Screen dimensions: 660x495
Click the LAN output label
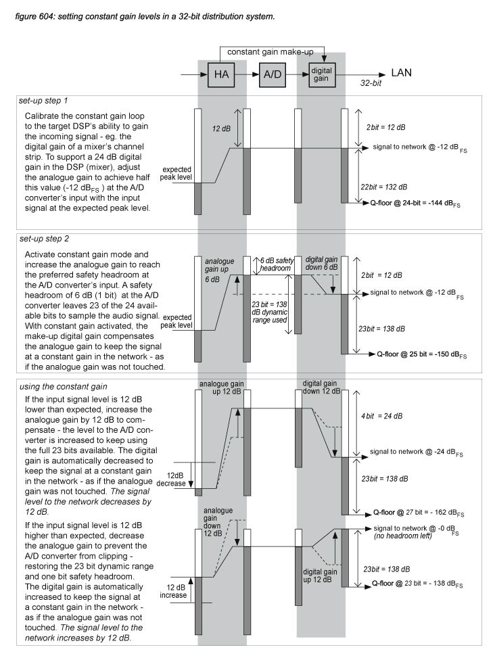[x=402, y=72]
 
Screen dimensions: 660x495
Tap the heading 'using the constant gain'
[x=59, y=385]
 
